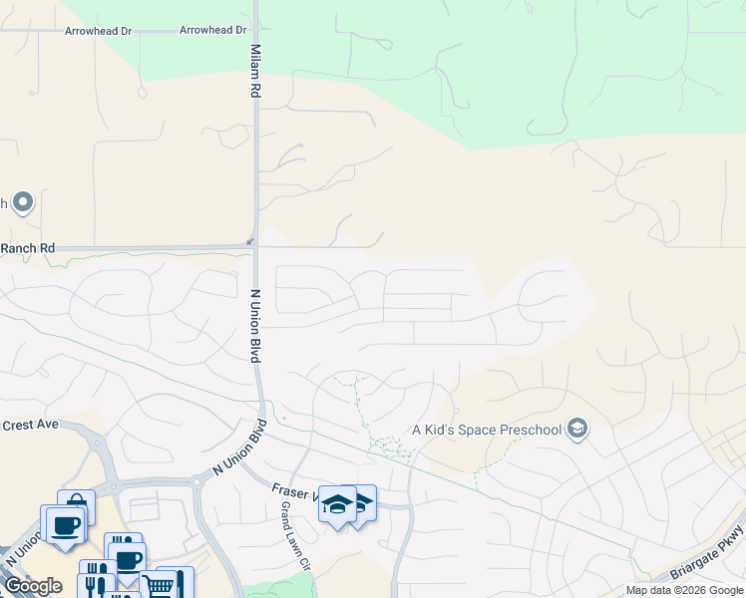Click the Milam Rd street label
(x=255, y=70)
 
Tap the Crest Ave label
(x=30, y=425)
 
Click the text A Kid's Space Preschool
(x=486, y=431)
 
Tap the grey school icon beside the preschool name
(x=576, y=430)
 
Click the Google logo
(x=33, y=586)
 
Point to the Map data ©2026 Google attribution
(x=685, y=590)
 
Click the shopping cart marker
(x=159, y=583)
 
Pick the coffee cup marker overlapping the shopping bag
(x=65, y=524)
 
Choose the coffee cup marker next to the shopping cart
(x=128, y=559)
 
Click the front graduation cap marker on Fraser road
(x=337, y=505)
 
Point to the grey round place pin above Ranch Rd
(x=23, y=203)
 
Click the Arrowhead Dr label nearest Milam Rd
(x=212, y=31)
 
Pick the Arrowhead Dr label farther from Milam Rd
(x=98, y=32)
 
